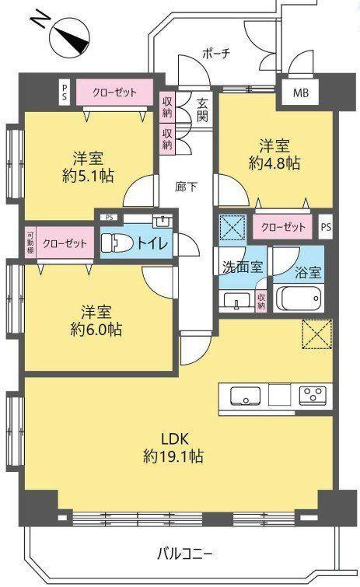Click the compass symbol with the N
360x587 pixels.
71,39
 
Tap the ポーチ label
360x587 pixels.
216,53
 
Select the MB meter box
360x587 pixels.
300,93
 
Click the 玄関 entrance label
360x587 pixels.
202,110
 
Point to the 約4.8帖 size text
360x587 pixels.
274,163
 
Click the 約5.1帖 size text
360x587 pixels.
88,176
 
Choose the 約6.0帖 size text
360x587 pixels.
96,329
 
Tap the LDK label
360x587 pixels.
174,439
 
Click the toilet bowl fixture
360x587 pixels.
117,243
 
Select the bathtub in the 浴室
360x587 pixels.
299,299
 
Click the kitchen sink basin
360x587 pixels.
245,396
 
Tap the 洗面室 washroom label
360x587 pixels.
243,267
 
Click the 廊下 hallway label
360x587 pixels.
187,187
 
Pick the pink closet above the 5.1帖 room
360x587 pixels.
114,92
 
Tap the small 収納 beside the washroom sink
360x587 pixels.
261,301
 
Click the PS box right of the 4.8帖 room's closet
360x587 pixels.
326,226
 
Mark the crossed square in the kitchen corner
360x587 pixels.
317,334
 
